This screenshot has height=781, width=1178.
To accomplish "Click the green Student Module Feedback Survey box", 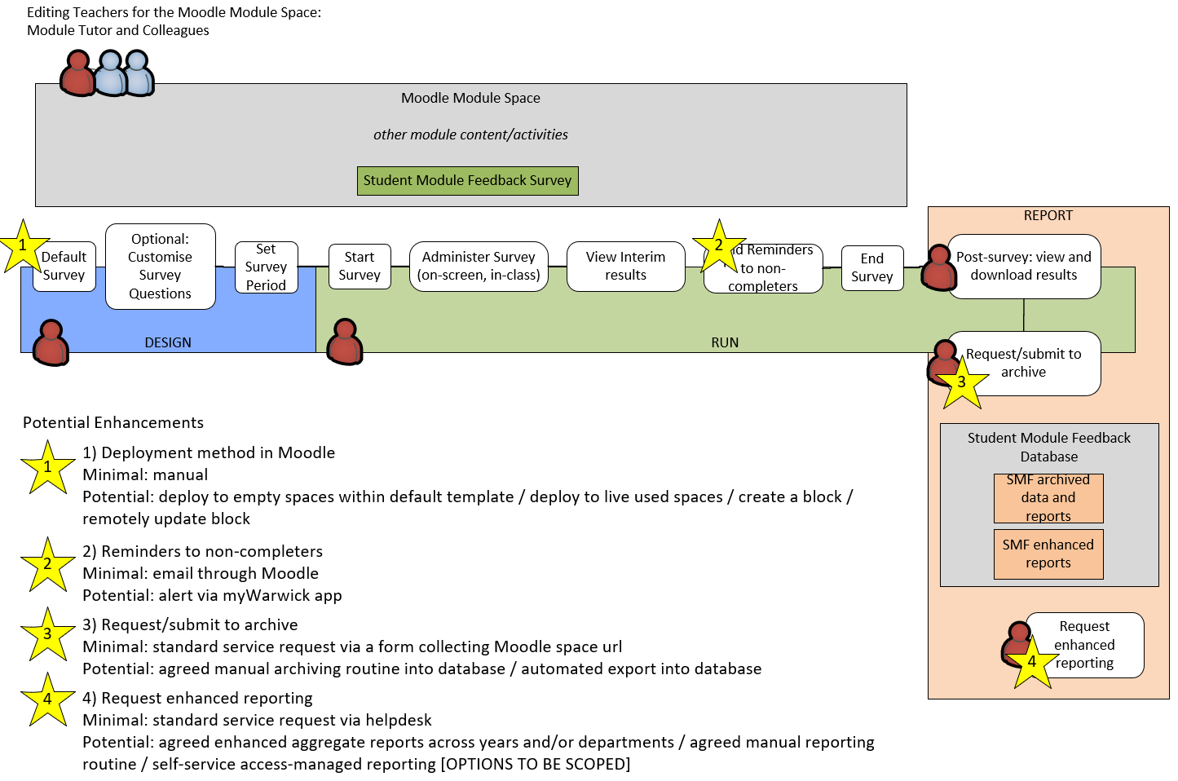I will click(x=467, y=181).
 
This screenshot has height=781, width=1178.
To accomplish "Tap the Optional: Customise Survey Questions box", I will click(x=161, y=267).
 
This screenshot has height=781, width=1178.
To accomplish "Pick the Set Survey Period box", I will click(x=266, y=267).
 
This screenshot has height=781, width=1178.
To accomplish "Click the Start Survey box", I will click(x=360, y=267).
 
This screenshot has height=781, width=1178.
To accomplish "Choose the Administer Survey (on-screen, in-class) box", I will click(x=479, y=267).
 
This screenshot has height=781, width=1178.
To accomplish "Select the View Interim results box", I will click(x=625, y=267).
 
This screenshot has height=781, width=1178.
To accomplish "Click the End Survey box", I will click(x=872, y=268).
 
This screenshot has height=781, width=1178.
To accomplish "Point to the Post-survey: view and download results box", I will click(x=1024, y=267).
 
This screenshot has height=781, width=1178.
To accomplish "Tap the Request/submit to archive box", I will click(x=1024, y=363).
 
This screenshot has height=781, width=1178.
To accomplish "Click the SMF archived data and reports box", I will click(x=1048, y=498).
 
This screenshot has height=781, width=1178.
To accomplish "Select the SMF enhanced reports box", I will click(x=1048, y=554).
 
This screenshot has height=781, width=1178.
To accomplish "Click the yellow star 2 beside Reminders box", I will click(x=718, y=246).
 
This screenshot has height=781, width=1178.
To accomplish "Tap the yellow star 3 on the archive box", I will click(x=962, y=382).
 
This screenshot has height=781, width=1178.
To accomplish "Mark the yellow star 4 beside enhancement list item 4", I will click(x=47, y=699).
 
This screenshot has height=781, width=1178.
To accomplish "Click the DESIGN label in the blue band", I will click(x=168, y=343).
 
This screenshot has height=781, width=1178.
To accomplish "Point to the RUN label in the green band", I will click(x=725, y=343).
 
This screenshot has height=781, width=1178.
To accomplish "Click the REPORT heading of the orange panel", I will click(x=1048, y=216).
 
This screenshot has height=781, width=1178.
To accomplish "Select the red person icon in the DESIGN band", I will click(x=51, y=342).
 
